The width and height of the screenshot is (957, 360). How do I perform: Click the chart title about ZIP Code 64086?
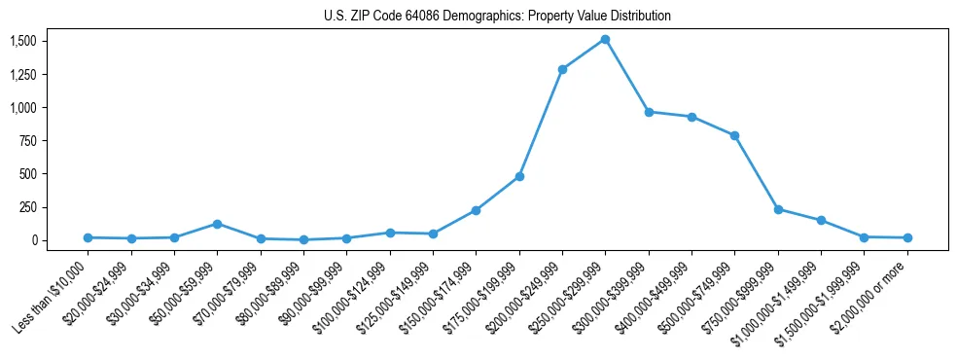pyautogui.click(x=497, y=16)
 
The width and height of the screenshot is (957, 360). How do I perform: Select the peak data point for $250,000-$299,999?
pyautogui.click(x=605, y=40)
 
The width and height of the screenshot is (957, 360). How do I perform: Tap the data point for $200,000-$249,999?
pyautogui.click(x=562, y=69)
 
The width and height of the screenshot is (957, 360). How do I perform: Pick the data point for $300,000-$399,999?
pyautogui.click(x=649, y=112)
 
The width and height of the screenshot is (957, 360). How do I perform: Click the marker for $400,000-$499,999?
pyautogui.click(x=691, y=117)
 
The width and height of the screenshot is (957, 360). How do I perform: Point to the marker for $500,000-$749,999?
pyautogui.click(x=734, y=135)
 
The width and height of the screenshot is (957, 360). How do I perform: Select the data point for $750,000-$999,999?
pyautogui.click(x=778, y=209)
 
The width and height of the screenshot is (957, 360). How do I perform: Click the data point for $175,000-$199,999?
pyautogui.click(x=519, y=176)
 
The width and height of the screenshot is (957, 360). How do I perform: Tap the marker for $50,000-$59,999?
pyautogui.click(x=218, y=224)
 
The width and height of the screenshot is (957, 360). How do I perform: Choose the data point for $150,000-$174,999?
pyautogui.click(x=476, y=210)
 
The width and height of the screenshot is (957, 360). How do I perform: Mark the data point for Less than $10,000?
pyautogui.click(x=88, y=237)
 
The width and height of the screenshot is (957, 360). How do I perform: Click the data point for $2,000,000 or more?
pyautogui.click(x=906, y=237)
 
